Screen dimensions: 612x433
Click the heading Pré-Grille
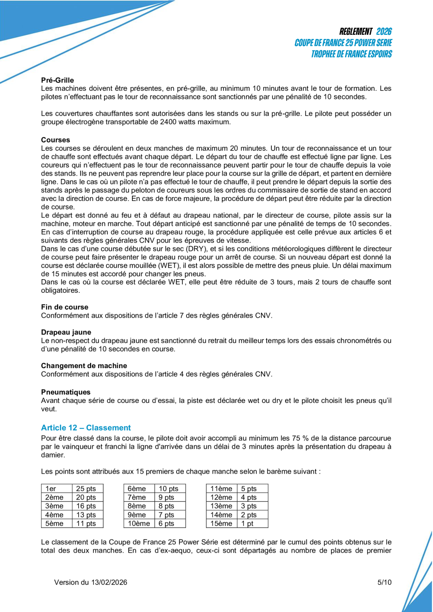(57, 80)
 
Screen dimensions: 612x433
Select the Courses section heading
(56, 140)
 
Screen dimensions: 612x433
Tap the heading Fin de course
(65, 307)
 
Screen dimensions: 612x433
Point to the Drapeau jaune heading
(66, 332)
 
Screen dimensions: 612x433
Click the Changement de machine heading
(84, 365)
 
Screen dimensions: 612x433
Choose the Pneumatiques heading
(65, 392)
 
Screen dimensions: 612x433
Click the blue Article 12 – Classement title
(86, 427)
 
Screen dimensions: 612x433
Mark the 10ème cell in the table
(139, 523)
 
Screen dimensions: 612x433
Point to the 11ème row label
(221, 489)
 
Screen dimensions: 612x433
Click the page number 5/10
(384, 582)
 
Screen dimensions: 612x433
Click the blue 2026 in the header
(384, 32)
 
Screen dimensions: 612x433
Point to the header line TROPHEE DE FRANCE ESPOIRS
(351, 54)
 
